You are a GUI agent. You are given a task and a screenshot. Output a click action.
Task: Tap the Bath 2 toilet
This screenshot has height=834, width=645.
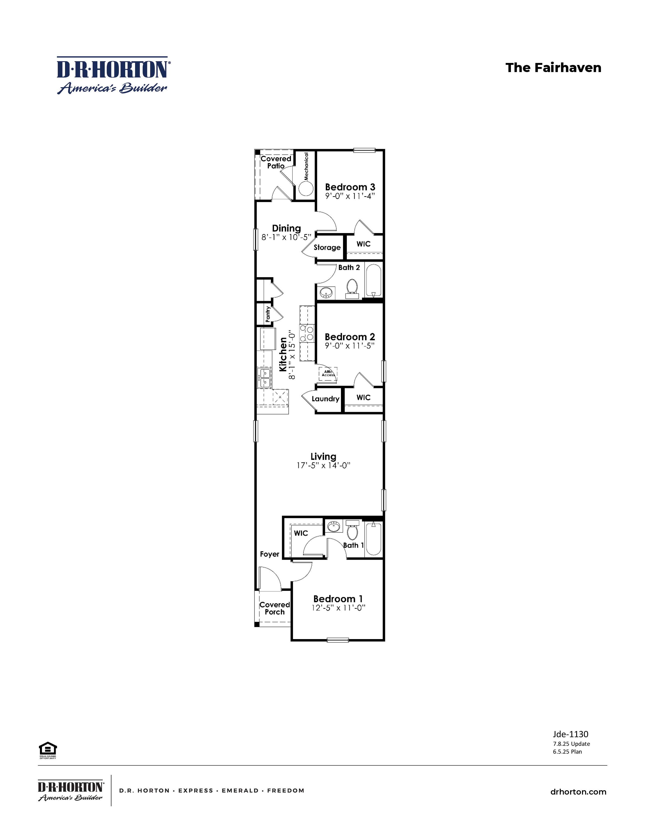pyautogui.click(x=352, y=287)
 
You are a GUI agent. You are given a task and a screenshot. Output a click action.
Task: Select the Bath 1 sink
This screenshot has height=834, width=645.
pyautogui.click(x=334, y=526)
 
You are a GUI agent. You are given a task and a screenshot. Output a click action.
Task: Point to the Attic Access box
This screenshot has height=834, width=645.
pyautogui.click(x=328, y=373)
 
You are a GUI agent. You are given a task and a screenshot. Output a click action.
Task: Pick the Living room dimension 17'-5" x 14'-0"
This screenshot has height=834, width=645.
pyautogui.click(x=323, y=465)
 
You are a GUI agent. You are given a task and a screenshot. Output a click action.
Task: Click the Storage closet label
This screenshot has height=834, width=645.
pyautogui.click(x=327, y=247)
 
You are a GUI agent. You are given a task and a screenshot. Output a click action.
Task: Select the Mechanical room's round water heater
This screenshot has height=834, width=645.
pyautogui.click(x=306, y=188)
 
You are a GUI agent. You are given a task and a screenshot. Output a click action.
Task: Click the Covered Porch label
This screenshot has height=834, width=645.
pyautogui.click(x=274, y=608)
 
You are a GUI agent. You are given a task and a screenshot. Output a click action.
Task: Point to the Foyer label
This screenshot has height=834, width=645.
pyautogui.click(x=269, y=554)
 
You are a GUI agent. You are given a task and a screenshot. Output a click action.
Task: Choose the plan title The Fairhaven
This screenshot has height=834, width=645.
pyautogui.click(x=553, y=68)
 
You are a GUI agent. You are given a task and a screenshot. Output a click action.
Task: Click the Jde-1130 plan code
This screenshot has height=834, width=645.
pyautogui.click(x=570, y=734)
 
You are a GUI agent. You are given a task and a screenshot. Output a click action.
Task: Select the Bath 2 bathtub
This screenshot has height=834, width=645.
pyautogui.click(x=373, y=281)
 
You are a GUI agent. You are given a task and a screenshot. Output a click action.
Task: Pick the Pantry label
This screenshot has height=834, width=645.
pyautogui.click(x=268, y=314)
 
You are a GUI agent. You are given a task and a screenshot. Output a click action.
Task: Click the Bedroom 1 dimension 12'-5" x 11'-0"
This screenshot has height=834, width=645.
pyautogui.click(x=338, y=608)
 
